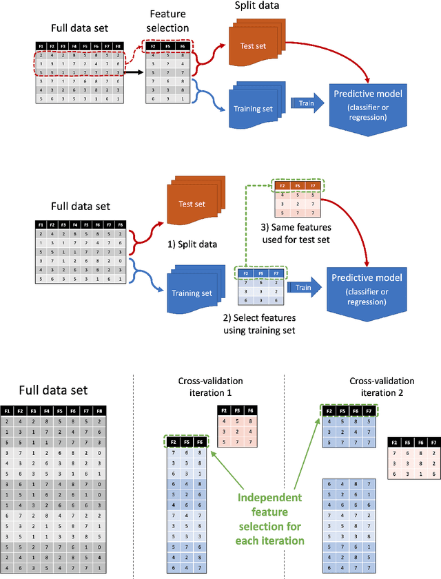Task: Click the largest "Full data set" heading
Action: click(44, 390)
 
